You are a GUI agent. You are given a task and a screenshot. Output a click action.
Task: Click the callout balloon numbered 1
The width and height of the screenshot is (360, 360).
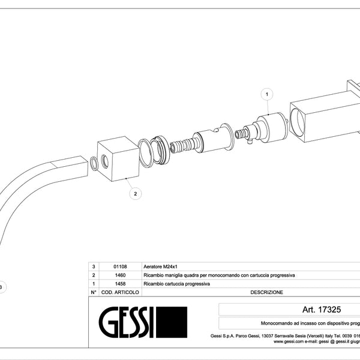point(267,94)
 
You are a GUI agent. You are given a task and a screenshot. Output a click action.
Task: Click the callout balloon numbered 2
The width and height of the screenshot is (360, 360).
point(136,193)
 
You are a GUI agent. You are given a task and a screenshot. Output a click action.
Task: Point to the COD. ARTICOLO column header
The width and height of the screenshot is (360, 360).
point(121,292)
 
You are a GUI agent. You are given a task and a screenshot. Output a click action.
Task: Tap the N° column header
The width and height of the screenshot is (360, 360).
point(93,292)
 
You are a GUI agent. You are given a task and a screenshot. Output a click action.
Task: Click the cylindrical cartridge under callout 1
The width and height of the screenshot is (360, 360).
point(270,127)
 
